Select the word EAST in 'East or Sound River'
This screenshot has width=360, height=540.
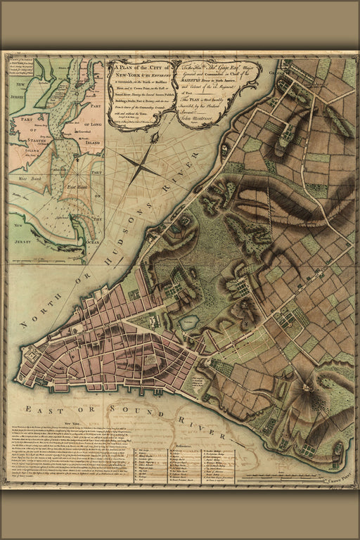(x=38, y=409)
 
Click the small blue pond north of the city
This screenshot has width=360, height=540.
(x=188, y=323)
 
